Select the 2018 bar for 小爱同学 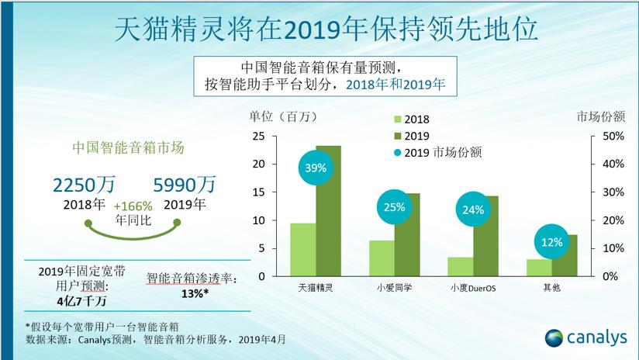coord(382,258)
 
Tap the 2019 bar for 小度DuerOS coord(486,237)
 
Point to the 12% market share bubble coord(553,242)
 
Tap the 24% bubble coord(474,209)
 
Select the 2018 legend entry coord(411,119)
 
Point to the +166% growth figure coord(132,207)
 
